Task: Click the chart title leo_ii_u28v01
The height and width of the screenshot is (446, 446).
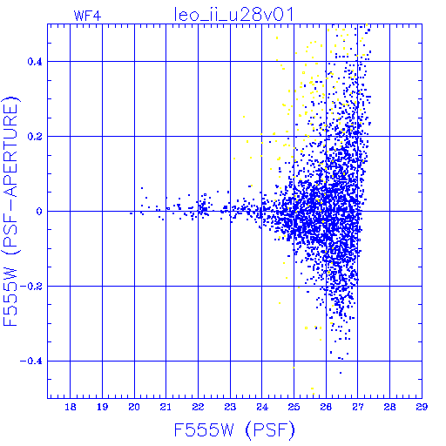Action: click(x=233, y=15)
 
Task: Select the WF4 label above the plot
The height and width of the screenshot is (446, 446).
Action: click(x=87, y=16)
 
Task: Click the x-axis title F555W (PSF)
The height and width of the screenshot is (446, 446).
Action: click(x=234, y=429)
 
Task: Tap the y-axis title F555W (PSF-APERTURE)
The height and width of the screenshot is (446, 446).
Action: click(x=10, y=211)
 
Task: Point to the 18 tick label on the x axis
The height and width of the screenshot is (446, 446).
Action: click(x=71, y=407)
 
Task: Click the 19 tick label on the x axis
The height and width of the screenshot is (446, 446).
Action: click(x=102, y=407)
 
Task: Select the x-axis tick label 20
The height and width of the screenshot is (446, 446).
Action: click(x=134, y=407)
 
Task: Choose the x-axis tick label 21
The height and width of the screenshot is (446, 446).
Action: click(x=166, y=407)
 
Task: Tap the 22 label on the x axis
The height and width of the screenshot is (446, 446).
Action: click(x=198, y=407)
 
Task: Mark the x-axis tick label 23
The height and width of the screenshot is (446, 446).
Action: click(x=230, y=407)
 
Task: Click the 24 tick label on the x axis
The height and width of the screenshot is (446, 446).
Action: click(x=262, y=407)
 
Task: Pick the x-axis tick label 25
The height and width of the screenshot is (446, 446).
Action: click(x=294, y=407)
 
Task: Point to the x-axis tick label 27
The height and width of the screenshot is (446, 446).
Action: click(x=358, y=407)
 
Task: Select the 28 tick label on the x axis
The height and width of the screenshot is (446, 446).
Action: click(x=389, y=407)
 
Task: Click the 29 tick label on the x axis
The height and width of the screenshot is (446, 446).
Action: click(x=422, y=407)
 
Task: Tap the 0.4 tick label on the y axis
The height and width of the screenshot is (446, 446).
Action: click(x=35, y=62)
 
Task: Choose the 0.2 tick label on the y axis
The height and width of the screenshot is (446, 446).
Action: click(x=35, y=137)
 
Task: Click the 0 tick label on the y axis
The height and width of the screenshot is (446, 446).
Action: click(x=39, y=212)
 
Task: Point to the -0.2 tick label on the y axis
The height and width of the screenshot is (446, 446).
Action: click(x=31, y=287)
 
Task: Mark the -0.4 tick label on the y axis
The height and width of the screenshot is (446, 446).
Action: click(x=31, y=362)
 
